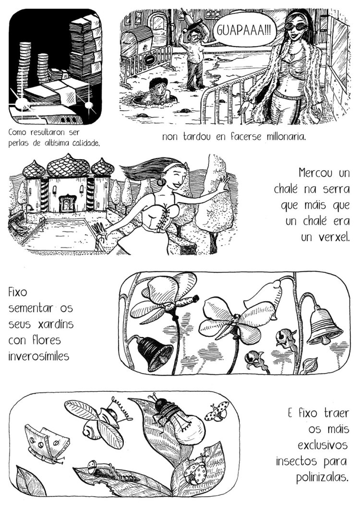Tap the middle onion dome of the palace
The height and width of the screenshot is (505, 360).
68,165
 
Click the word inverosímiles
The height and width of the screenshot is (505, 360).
39,356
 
